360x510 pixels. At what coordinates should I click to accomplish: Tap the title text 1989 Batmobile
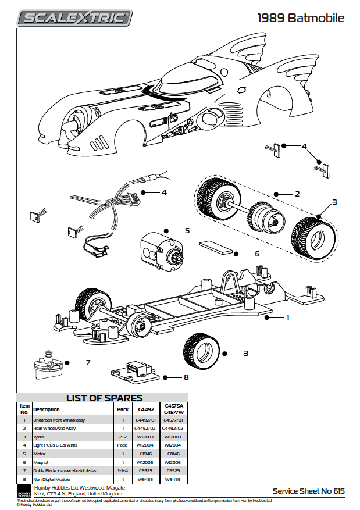coord(301,17)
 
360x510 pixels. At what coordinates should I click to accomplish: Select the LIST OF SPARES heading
coord(104,398)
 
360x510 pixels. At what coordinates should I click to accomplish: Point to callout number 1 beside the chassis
coord(287,318)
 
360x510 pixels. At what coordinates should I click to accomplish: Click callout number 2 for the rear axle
coord(297,193)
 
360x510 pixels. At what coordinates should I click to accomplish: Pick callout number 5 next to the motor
coord(187,230)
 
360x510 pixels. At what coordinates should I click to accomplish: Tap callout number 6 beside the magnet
coord(256,254)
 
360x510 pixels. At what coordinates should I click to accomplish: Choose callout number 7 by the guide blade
coord(88,362)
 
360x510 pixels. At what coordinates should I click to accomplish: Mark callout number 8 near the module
coord(186,377)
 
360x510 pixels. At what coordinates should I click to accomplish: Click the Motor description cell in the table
coord(41,453)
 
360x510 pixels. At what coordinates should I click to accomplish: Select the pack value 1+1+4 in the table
coord(123,470)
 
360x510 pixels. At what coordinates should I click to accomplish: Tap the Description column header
coord(47,409)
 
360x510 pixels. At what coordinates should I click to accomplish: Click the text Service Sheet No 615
coord(308,491)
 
